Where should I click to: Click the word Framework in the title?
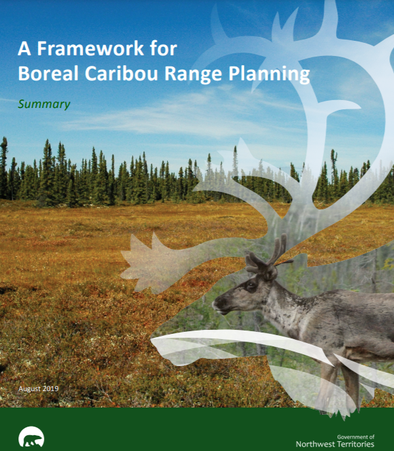click(x=90, y=48)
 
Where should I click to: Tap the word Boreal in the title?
click(x=48, y=73)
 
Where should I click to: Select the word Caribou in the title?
click(x=121, y=73)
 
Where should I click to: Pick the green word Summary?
click(x=44, y=104)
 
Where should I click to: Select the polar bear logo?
click(x=31, y=437)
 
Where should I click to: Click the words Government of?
click(x=356, y=437)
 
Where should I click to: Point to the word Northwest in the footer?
click(x=314, y=444)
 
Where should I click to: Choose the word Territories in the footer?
click(x=355, y=444)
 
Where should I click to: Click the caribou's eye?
click(x=251, y=286)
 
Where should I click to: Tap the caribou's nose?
click(x=216, y=304)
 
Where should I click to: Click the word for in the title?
click(x=163, y=48)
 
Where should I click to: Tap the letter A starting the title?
click(x=24, y=49)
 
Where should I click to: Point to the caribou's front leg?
click(x=328, y=383)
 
